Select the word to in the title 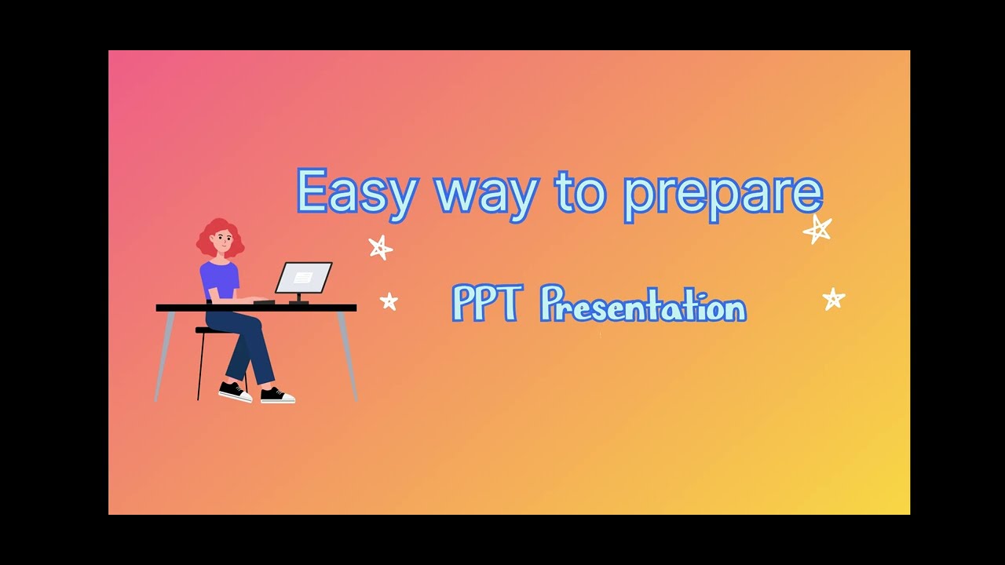pyautogui.click(x=581, y=191)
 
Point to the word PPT pyautogui.click(x=485, y=304)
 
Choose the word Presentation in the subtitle pyautogui.click(x=643, y=305)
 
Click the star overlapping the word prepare pyautogui.click(x=817, y=229)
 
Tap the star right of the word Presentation pyautogui.click(x=833, y=298)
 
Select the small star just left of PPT pyautogui.click(x=389, y=301)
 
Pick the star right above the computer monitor pyautogui.click(x=380, y=248)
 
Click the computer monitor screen pyautogui.click(x=303, y=277)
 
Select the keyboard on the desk pyautogui.click(x=264, y=301)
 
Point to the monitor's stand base pyautogui.click(x=298, y=301)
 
